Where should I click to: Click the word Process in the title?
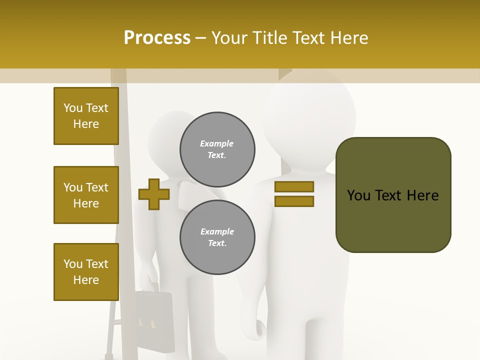157,38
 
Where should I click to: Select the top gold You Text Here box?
86,116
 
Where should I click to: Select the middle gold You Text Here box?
86,195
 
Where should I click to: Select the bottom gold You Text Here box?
86,272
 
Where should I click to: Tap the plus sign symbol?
153,194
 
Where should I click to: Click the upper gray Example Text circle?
217,149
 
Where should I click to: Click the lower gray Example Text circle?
217,237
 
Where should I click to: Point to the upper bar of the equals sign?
294,186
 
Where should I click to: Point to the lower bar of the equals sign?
294,201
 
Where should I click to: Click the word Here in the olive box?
422,195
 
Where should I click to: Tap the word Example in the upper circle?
216,143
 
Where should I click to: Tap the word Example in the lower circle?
217,231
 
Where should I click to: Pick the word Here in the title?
348,38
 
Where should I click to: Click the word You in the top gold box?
72,108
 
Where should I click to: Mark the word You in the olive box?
358,195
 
